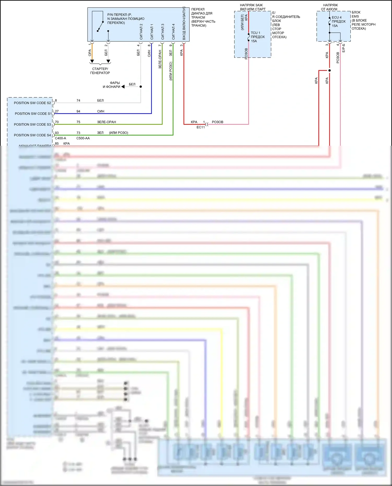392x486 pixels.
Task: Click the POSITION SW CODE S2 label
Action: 32,103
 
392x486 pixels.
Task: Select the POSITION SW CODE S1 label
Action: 33,114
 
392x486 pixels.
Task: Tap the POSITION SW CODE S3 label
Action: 32,125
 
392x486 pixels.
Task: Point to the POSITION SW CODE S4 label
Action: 32,135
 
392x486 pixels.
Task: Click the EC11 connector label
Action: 201,127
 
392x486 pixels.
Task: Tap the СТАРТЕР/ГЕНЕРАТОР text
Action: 100,71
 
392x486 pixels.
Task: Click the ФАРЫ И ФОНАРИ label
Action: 112,85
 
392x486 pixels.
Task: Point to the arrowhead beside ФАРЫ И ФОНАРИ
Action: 123,87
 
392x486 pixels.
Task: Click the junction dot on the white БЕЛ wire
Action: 141,87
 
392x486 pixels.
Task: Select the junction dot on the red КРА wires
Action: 330,71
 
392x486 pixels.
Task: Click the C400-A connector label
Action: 60,138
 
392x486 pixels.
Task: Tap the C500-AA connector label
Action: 83,138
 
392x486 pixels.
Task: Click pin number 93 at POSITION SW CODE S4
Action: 57,133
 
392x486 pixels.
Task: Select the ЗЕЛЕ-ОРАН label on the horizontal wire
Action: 106,122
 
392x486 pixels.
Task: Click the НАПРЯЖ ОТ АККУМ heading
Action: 330,7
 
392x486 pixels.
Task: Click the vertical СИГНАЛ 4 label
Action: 173,32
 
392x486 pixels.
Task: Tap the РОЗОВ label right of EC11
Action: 217,122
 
